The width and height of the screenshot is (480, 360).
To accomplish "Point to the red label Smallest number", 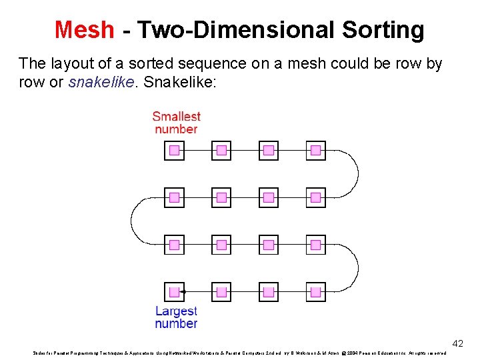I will [176, 123].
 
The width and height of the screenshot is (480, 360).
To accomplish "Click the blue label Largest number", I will [176, 317].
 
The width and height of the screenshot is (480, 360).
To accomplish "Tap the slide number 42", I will [457, 343].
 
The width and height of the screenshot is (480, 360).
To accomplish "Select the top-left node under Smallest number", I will [174, 151].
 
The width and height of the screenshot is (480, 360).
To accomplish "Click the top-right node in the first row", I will [316, 151].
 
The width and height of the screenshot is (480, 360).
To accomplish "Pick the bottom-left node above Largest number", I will [174, 292].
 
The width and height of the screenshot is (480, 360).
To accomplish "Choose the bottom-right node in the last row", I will [316, 292].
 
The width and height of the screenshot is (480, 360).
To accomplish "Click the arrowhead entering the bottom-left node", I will [185, 292].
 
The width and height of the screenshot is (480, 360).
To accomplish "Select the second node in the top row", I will [221, 151].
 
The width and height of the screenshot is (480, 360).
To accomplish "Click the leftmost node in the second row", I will [174, 197].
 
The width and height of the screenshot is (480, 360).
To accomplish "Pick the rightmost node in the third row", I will [316, 245].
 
